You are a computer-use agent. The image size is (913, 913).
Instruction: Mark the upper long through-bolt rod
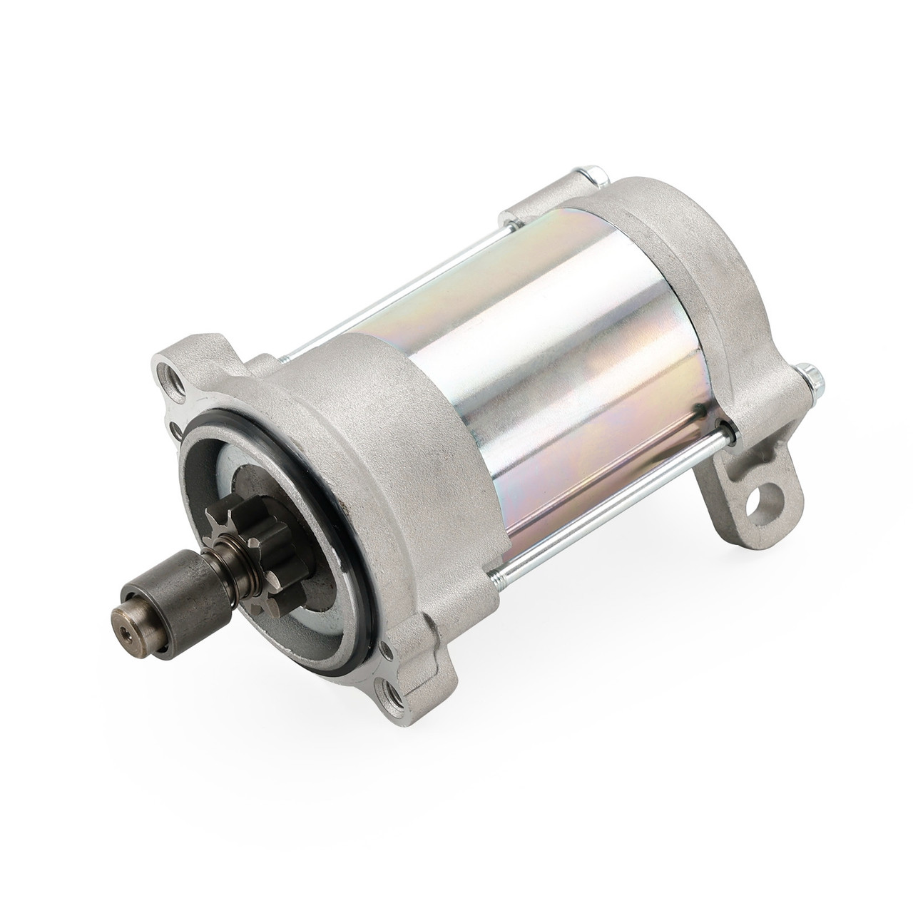399,272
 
